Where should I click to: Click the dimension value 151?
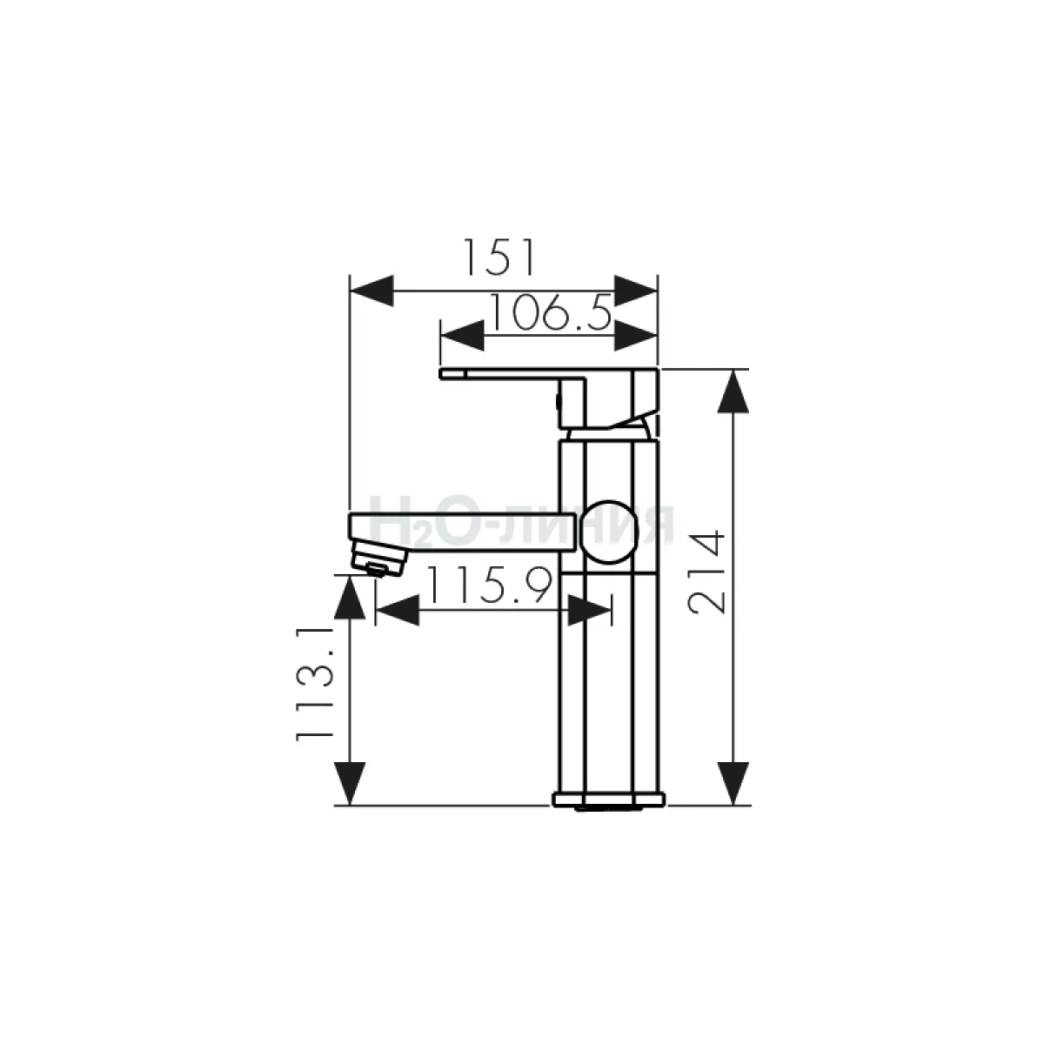[499, 258]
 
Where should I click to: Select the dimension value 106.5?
[551, 312]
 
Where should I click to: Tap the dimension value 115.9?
[489, 586]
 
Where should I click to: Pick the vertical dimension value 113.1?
[314, 685]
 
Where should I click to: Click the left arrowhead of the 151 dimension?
[371, 291]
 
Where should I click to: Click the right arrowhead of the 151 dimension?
[635, 291]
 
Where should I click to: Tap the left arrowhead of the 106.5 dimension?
[462, 335]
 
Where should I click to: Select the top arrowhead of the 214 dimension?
[733, 391]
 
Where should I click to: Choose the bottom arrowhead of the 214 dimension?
[733, 783]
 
